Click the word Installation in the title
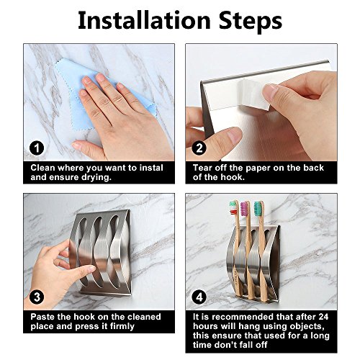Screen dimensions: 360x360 (x=144, y=20)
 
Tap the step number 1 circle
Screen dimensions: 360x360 (x=37, y=148)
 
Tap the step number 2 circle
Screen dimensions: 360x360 (x=199, y=148)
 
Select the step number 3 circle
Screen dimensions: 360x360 (x=37, y=297)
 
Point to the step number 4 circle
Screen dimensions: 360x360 (x=199, y=297)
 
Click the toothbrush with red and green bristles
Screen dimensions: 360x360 (x=237, y=250)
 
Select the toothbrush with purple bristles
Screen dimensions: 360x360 (x=248, y=250)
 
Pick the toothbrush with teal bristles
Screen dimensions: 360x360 (x=261, y=251)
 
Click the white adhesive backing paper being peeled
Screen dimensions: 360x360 (x=254, y=95)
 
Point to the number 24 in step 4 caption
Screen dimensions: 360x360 (x=323, y=317)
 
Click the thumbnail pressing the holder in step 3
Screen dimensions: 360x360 (x=91, y=269)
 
